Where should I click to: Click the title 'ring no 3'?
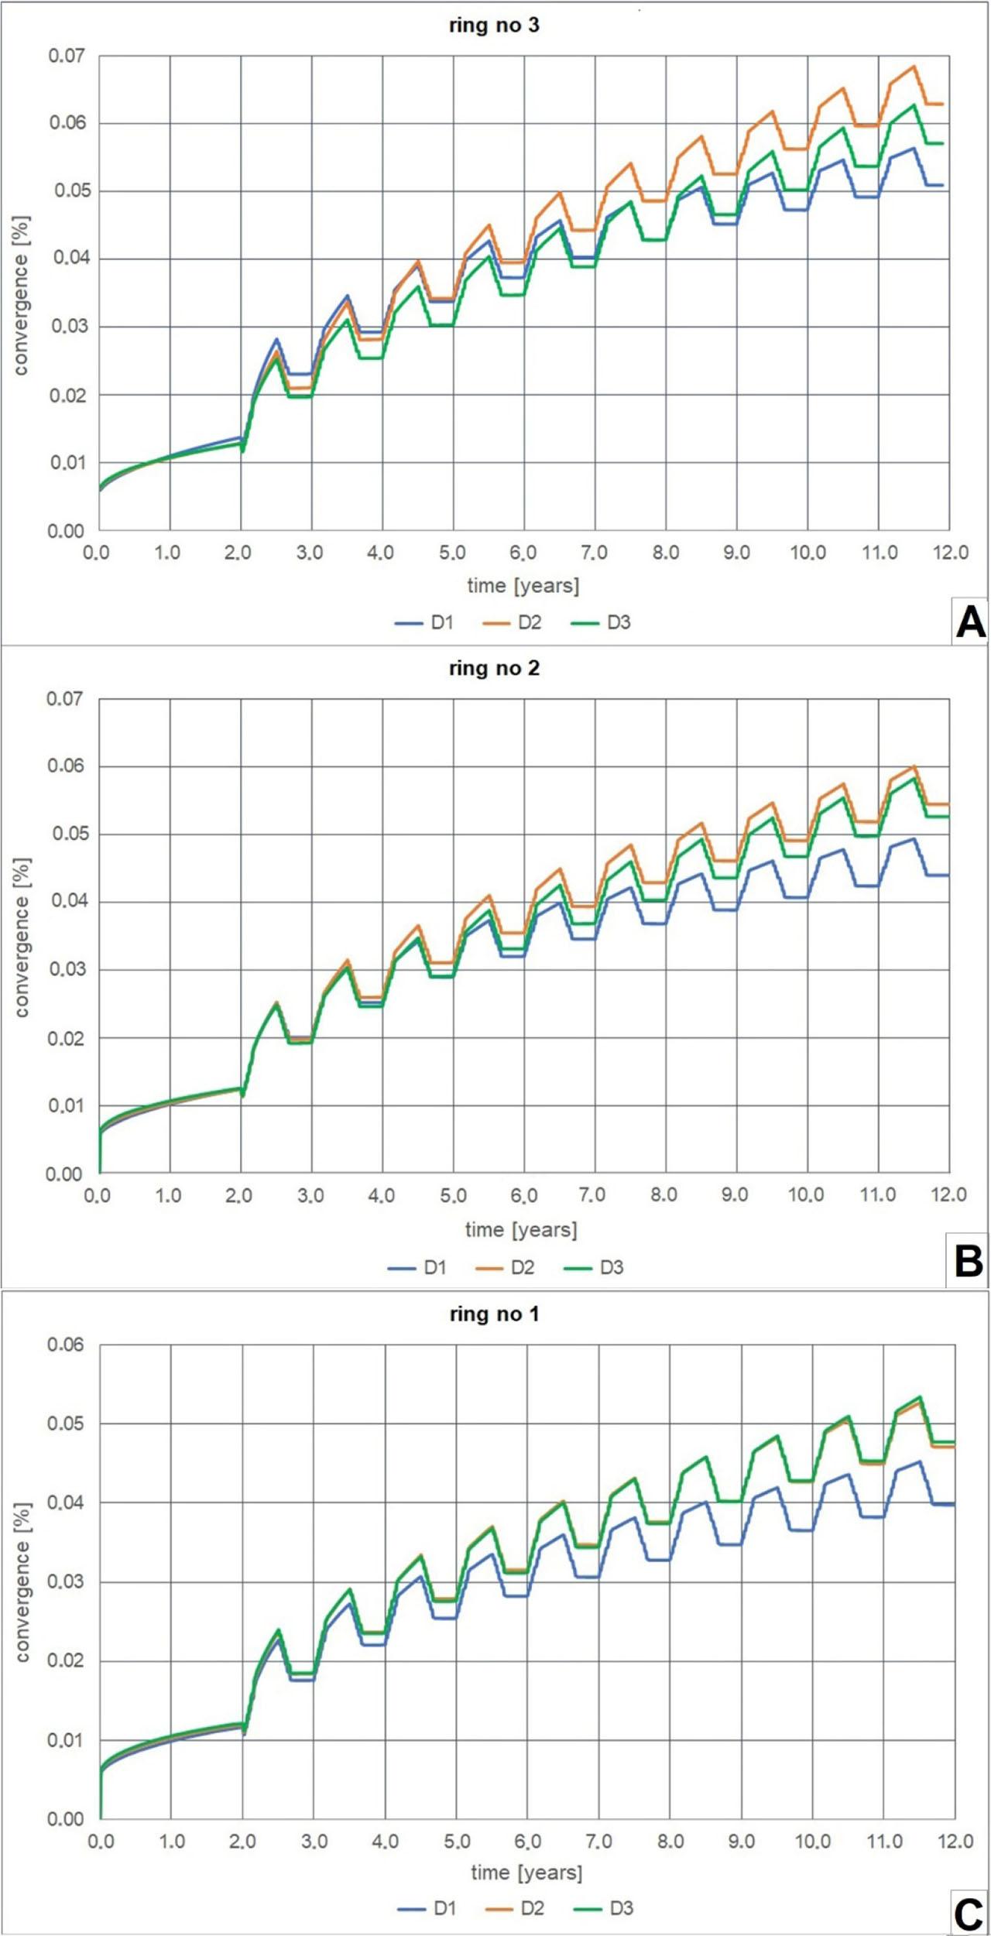point(494,26)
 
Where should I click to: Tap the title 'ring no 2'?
point(494,668)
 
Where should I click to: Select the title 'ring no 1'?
point(494,1314)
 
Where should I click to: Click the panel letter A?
point(970,622)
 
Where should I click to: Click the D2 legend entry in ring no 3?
point(512,622)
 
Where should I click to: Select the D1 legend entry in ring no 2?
point(417,1267)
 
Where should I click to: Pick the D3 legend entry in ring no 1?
point(604,1908)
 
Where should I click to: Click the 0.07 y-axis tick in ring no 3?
point(67,56)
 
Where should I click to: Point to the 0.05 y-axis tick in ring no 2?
point(69,834)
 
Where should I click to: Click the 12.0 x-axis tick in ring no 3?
point(950,553)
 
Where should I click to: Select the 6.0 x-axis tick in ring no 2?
point(524,1196)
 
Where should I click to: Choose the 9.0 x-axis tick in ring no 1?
point(742,1841)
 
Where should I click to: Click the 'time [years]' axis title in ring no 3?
point(523,586)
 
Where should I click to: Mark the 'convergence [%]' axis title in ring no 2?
point(22,937)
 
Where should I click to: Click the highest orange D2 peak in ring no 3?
point(914,66)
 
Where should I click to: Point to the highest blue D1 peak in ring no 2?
point(914,838)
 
